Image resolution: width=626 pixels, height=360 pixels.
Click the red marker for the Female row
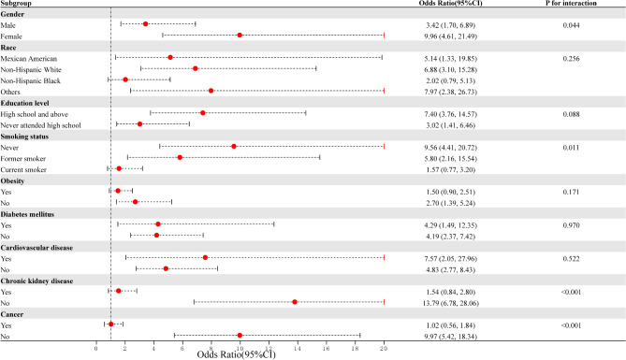(240, 36)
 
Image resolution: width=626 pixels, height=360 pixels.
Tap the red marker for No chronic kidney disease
(295, 302)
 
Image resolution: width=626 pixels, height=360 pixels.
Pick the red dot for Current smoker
(119, 168)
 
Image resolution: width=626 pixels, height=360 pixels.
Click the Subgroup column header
(17, 5)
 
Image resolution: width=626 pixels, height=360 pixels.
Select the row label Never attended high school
(41, 123)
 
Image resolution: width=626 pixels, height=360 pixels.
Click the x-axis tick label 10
(240, 346)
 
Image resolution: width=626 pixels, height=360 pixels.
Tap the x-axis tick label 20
(384, 346)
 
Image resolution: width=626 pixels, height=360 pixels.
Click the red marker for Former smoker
(180, 157)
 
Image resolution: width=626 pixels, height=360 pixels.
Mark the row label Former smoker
(25, 157)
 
